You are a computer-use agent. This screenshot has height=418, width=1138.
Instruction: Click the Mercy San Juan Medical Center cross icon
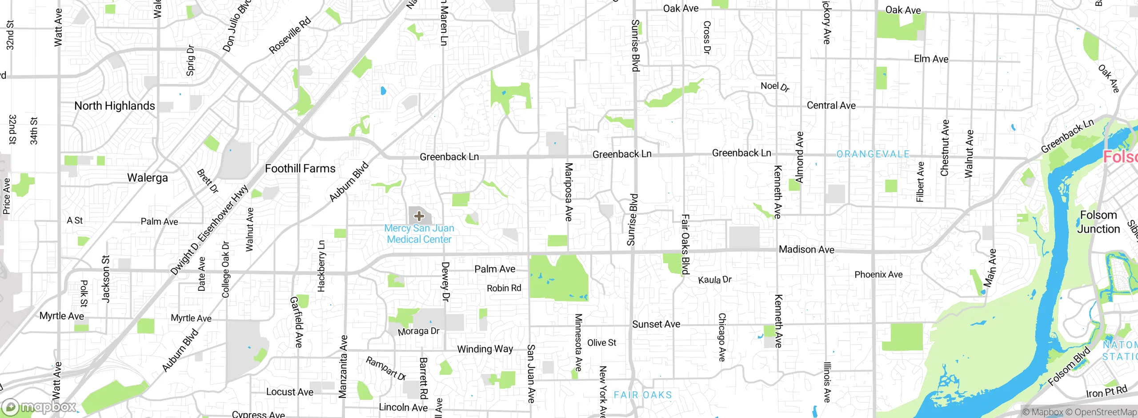[419, 216]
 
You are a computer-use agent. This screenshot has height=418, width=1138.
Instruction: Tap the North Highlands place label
[115, 106]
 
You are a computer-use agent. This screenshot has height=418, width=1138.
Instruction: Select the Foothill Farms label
[300, 169]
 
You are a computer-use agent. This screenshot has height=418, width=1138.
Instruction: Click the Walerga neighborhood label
[148, 178]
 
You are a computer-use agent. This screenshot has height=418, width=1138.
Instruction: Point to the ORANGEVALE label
[873, 154]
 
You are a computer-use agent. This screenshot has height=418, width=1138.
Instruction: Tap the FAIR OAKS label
[643, 395]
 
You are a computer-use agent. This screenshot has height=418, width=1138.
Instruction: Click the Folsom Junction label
[1098, 222]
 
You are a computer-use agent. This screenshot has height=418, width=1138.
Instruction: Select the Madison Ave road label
[806, 249]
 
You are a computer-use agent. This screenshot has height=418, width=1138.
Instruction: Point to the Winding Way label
[485, 349]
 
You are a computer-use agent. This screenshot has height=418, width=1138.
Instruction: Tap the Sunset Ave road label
[656, 324]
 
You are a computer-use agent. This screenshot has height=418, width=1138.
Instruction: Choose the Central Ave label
[831, 105]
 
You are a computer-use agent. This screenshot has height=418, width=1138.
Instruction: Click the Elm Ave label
[931, 59]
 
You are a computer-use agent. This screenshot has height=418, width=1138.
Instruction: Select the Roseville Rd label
[290, 36]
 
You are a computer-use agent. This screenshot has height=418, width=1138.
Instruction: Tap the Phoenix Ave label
[878, 274]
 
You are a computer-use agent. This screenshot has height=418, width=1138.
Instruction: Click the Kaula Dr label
[714, 280]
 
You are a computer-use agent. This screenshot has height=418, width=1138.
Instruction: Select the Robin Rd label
[504, 288]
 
